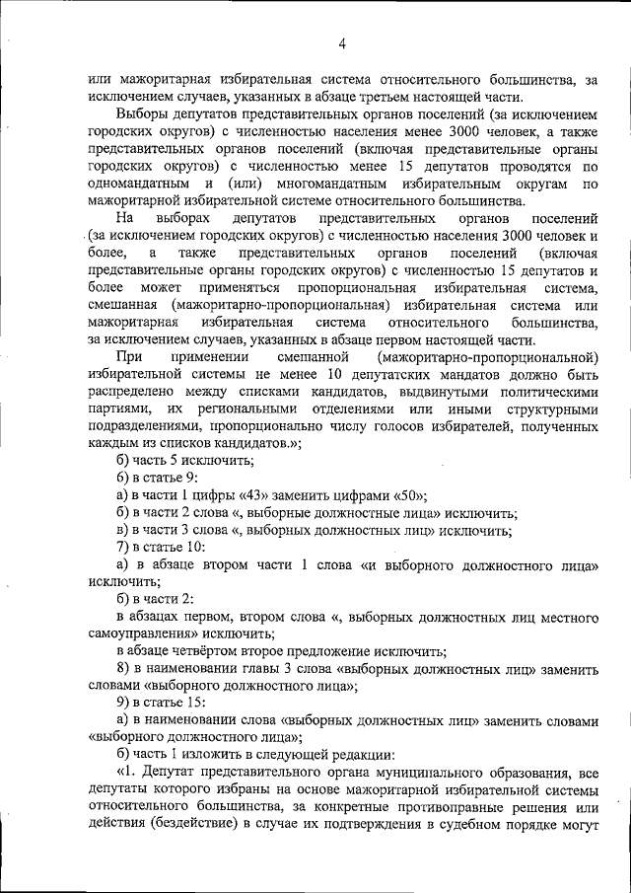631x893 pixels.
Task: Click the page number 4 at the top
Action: tap(342, 43)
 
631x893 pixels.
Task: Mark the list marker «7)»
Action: tap(123, 548)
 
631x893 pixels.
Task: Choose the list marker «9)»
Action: tap(123, 704)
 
